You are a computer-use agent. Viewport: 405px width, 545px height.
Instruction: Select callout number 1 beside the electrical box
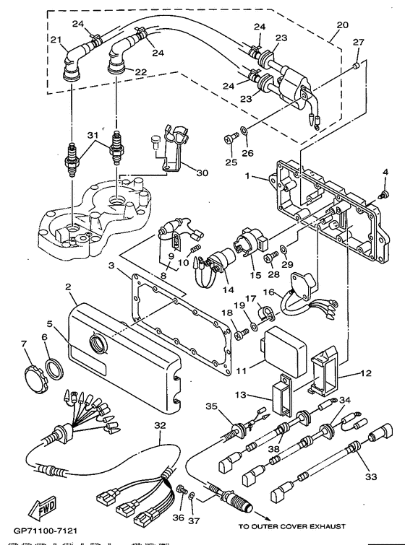(247, 176)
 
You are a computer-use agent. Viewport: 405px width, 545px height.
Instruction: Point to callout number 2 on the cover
(68, 287)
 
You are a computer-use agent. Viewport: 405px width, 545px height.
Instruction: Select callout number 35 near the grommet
(231, 406)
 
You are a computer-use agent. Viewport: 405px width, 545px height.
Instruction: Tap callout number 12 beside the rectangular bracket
(365, 374)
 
